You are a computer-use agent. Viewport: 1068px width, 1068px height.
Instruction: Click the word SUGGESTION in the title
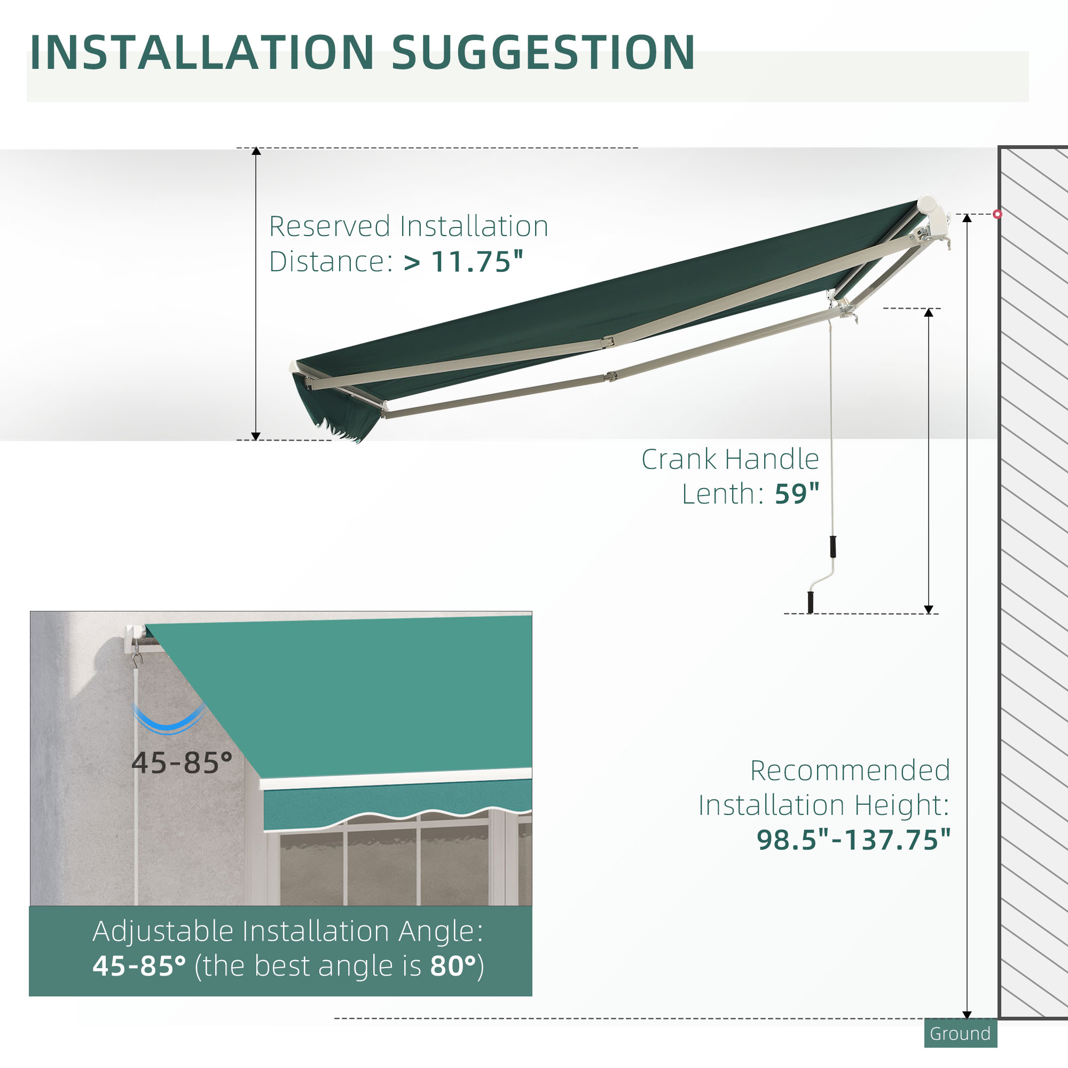point(543,53)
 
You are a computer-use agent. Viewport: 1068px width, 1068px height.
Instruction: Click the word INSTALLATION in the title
point(202,53)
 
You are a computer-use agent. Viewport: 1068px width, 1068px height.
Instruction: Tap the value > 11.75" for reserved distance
point(463,262)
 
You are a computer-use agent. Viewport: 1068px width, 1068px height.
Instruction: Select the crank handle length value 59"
point(797,493)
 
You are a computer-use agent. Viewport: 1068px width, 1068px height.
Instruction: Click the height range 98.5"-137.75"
point(853,839)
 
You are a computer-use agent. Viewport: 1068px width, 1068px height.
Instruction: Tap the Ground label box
point(960,1033)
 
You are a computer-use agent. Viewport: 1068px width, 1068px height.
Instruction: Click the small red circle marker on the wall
point(997,214)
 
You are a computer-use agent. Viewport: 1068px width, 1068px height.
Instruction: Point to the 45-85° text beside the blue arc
point(182,763)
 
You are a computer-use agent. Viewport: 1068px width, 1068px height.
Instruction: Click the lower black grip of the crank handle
point(811,602)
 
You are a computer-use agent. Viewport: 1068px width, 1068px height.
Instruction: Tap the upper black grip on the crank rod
point(833,546)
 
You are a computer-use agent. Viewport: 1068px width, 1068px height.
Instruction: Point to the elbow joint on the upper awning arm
point(609,342)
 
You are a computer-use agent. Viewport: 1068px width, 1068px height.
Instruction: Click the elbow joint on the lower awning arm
point(610,377)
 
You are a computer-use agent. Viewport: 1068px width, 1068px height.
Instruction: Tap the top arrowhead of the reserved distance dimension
point(256,151)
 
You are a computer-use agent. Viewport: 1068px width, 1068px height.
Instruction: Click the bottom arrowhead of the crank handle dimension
point(929,610)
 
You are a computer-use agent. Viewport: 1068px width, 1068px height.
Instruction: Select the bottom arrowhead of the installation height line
point(967,1015)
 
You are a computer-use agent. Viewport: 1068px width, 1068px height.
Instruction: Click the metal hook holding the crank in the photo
point(138,658)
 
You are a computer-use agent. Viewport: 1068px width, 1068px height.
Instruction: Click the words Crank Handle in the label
point(729,459)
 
